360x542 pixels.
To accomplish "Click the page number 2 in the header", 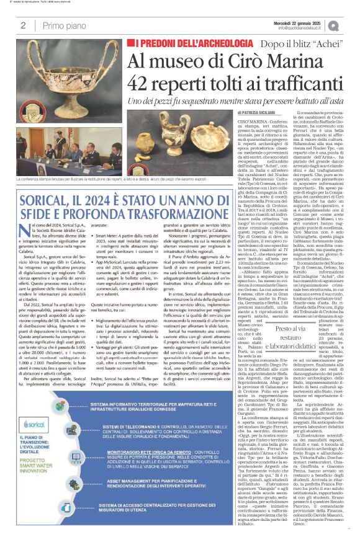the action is coord(24,25).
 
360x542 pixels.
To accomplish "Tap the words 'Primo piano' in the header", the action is coord(62,25).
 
